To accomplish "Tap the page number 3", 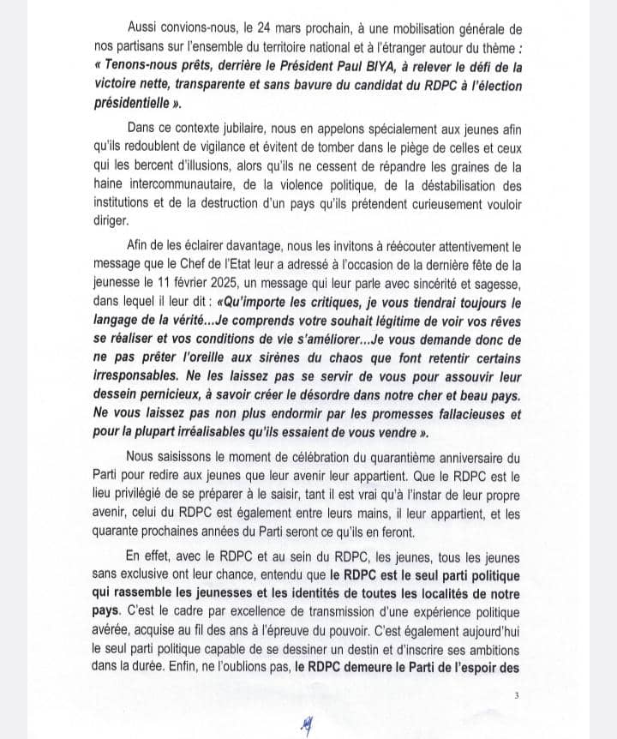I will (516, 695).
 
